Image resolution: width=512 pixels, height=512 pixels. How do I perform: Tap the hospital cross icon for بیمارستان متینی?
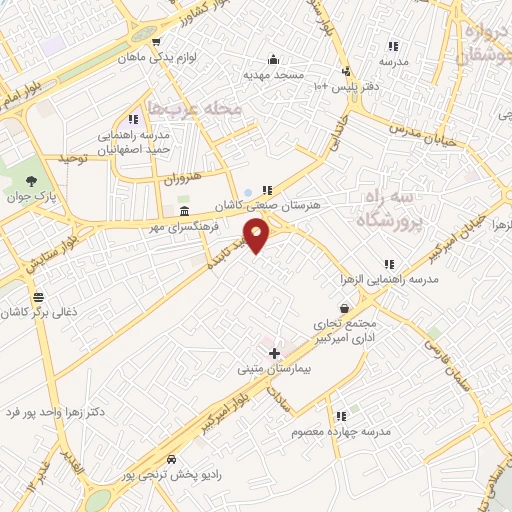[275, 353]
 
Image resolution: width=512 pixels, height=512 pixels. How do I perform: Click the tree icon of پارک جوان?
[33, 183]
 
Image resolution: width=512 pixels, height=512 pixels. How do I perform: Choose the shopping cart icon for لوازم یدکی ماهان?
[157, 41]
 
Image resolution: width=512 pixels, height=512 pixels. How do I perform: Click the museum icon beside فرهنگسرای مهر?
[184, 212]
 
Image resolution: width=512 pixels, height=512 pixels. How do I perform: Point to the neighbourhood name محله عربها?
[195, 108]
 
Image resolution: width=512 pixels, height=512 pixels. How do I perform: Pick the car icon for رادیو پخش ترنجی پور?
[171, 458]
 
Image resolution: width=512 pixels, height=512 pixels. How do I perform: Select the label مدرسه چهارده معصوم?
[340, 431]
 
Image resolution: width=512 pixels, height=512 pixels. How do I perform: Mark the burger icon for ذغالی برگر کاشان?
[38, 296]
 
